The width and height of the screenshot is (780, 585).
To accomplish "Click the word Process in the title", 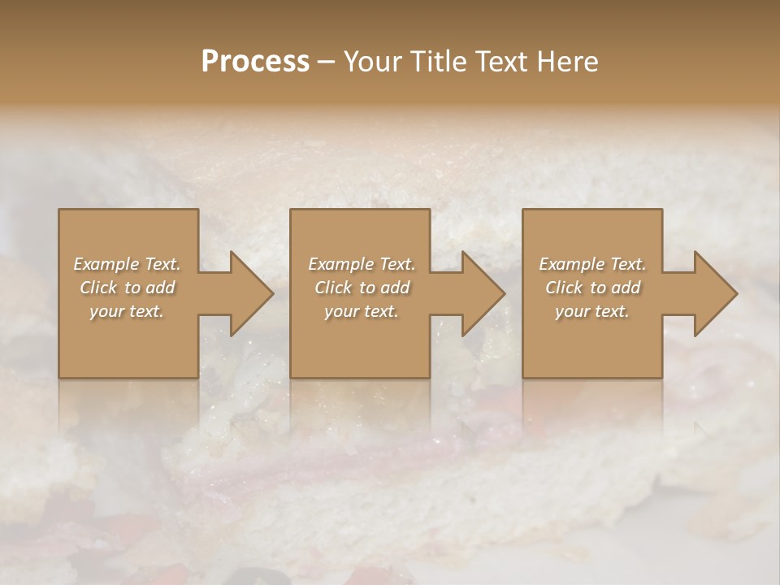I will coord(255,62).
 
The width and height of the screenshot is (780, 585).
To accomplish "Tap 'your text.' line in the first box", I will coord(126,310).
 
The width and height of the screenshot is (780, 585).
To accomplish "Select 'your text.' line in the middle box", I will coord(361,310).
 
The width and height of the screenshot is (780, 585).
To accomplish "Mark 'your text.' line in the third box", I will coord(591,310).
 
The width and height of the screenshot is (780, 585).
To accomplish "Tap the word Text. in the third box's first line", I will coord(627,263).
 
